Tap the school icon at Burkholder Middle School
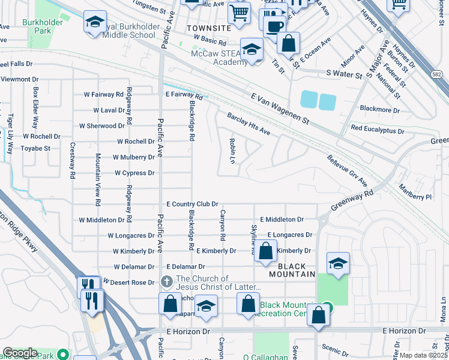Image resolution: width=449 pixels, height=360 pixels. (x=94, y=23)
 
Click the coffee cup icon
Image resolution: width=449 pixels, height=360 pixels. (x=274, y=26)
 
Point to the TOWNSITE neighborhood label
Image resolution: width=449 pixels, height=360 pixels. (x=208, y=28)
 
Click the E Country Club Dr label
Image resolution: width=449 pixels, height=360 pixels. (x=191, y=205)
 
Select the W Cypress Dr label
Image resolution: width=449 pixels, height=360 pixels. (x=134, y=173)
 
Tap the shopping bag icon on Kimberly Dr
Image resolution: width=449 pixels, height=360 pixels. (x=266, y=250)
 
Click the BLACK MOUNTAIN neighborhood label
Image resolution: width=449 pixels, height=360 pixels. (x=296, y=270)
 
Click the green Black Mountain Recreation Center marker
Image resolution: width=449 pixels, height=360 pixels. (x=327, y=305)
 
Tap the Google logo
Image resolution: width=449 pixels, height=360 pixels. (x=21, y=353)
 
